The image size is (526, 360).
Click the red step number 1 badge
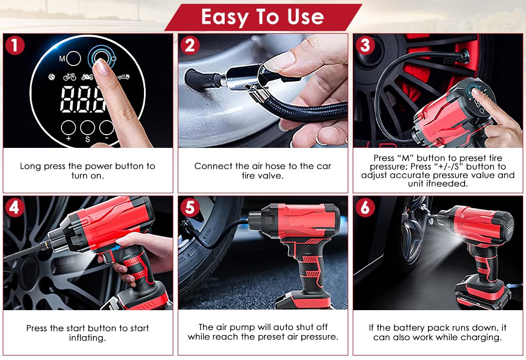(14, 45)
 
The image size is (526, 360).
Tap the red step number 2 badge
(189, 45)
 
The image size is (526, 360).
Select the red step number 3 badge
(365, 45)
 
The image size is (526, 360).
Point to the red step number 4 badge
(14, 208)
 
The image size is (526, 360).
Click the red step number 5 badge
(189, 208)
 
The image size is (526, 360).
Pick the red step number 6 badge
(365, 208)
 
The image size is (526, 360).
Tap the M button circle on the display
(74, 58)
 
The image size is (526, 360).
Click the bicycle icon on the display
(69, 77)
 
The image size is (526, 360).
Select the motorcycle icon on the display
(87, 77)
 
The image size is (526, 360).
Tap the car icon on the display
(123, 77)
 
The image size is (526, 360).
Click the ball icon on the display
(51, 77)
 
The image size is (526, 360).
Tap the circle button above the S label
(87, 127)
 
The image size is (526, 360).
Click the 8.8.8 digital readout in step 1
(83, 99)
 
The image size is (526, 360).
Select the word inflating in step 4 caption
(87, 338)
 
